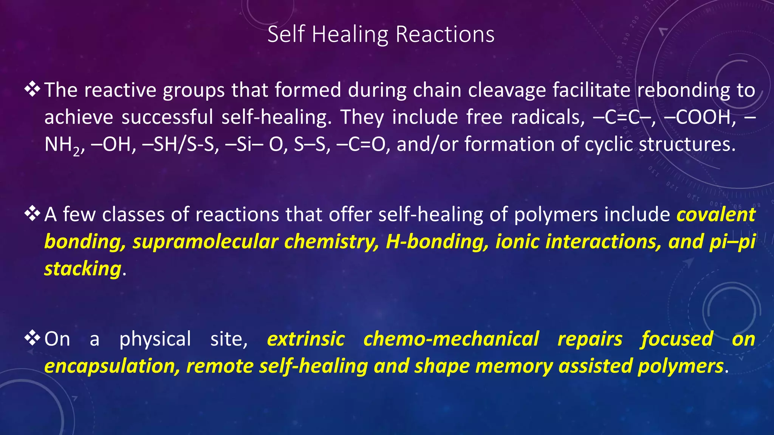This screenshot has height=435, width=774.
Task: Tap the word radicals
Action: (x=545, y=117)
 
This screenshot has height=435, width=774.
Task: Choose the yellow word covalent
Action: (x=715, y=214)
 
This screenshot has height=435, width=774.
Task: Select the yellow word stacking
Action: (x=83, y=269)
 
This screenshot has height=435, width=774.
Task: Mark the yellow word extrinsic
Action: (x=306, y=339)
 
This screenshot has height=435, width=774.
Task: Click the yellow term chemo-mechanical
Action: (x=451, y=339)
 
